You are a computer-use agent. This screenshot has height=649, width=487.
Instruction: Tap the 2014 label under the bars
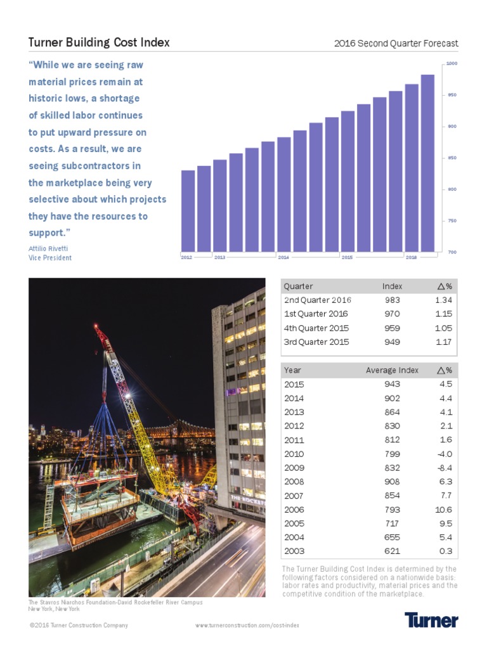click(x=283, y=257)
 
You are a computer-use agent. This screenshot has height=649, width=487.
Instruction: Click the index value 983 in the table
click(x=392, y=300)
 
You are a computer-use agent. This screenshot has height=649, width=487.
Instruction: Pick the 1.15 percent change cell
click(x=443, y=314)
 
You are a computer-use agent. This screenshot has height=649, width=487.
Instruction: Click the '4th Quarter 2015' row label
click(x=316, y=328)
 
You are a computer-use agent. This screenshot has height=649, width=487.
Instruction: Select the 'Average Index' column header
click(x=392, y=370)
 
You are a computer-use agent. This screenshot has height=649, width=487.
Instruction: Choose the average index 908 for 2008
click(x=392, y=482)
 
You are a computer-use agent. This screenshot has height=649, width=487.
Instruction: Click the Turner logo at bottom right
click(x=431, y=620)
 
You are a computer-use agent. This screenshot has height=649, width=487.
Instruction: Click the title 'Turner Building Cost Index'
click(x=99, y=43)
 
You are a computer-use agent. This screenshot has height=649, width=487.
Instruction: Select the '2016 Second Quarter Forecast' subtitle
click(x=396, y=44)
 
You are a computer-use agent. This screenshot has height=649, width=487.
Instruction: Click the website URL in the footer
click(x=247, y=626)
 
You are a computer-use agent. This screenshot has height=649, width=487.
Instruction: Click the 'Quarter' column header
click(x=298, y=286)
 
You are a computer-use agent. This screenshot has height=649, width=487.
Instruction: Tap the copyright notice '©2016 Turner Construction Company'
click(x=79, y=626)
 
